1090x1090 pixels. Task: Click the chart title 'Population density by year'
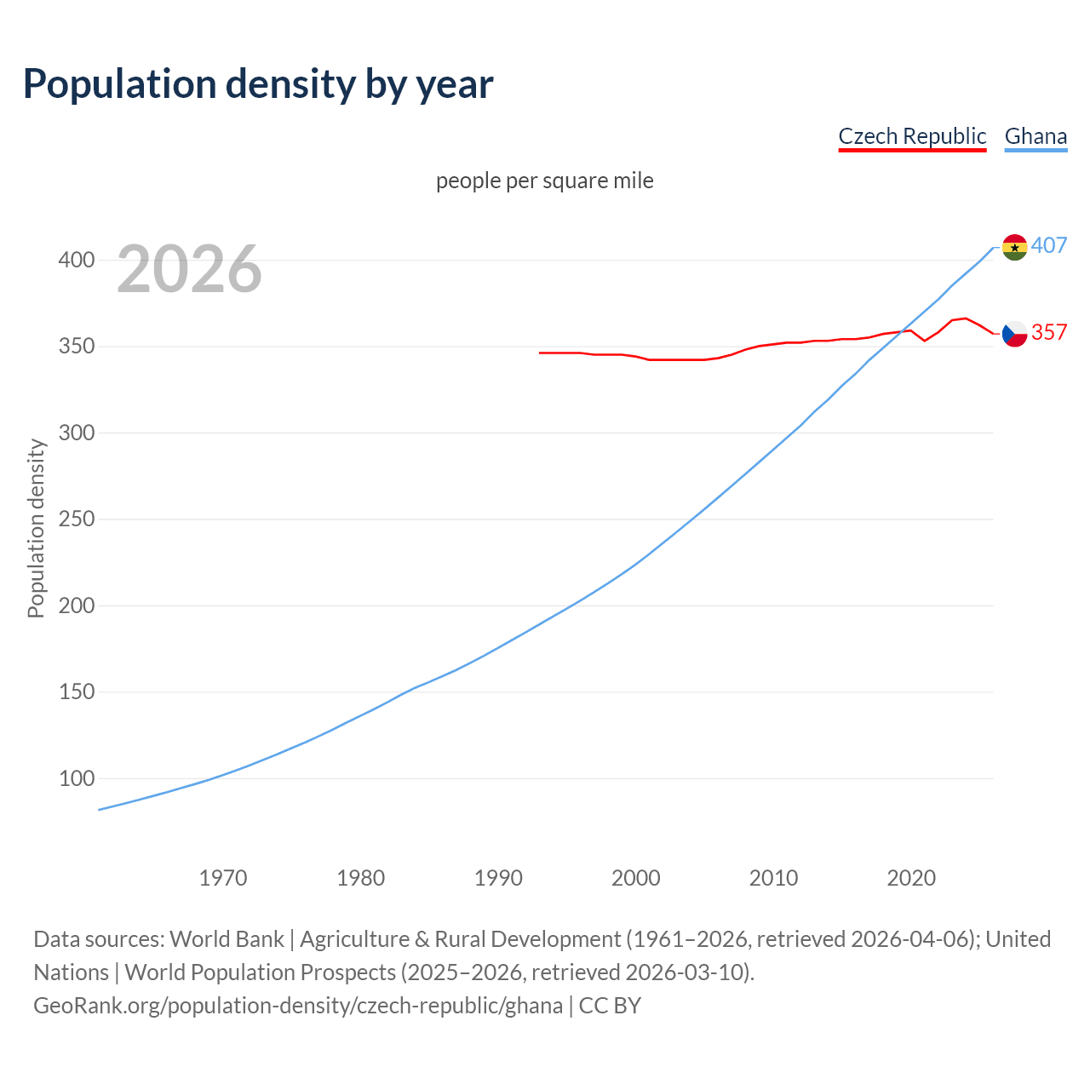coord(258,84)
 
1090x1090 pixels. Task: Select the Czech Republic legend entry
coord(912,136)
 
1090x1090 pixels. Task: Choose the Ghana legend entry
coord(1035,136)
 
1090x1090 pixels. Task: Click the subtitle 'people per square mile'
coord(544,181)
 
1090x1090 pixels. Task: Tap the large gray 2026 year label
coord(189,269)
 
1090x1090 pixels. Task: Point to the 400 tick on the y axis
coord(77,260)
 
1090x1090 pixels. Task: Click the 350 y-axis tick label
coord(77,347)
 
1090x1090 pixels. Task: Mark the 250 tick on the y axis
coord(77,519)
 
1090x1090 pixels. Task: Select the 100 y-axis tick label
coord(77,778)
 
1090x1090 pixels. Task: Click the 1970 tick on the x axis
coord(223,878)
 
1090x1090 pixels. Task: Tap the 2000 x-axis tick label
coord(636,878)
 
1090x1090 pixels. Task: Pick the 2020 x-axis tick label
coord(911,878)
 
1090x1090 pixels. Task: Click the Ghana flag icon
coord(1014,247)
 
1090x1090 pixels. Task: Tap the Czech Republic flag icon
coord(1014,334)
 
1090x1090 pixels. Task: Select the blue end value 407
coord(1049,246)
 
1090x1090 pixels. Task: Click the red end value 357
coord(1049,332)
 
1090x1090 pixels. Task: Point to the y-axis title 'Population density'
coord(36,528)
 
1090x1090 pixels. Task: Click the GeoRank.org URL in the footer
coord(298,1006)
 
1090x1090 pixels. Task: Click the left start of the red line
coord(541,353)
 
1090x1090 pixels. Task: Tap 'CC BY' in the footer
coord(610,1006)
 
